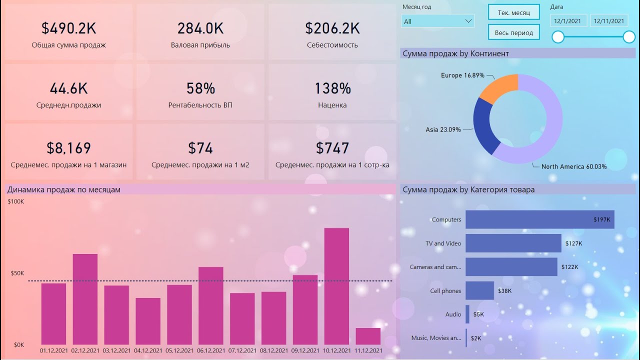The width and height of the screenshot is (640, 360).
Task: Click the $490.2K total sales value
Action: pos(68,28)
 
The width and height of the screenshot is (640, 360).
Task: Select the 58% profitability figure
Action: pos(200,88)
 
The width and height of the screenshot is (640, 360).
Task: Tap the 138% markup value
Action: pos(332,88)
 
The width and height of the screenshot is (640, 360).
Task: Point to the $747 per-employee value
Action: pos(332,148)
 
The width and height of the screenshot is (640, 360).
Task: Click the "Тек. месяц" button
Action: pos(513,12)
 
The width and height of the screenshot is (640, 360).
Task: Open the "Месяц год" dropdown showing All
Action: pos(437,21)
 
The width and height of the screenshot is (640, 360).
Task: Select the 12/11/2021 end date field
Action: pos(608,20)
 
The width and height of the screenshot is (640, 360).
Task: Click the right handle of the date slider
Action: pos(629,37)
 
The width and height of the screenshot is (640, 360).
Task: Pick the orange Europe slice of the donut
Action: pos(500,87)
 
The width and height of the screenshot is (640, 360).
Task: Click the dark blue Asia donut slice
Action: pos(484,125)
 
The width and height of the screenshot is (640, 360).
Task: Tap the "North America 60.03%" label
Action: pos(573,166)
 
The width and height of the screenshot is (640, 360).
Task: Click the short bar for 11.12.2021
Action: pos(368,336)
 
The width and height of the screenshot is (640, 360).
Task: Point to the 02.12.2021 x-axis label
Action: pos(85,351)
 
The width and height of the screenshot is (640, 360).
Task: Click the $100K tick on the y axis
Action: pos(15,201)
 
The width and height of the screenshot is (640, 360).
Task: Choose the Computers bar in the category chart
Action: pos(539,219)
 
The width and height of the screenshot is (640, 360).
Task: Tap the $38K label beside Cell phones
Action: pos(504,290)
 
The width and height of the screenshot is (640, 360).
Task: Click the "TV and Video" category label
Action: pos(443,243)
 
